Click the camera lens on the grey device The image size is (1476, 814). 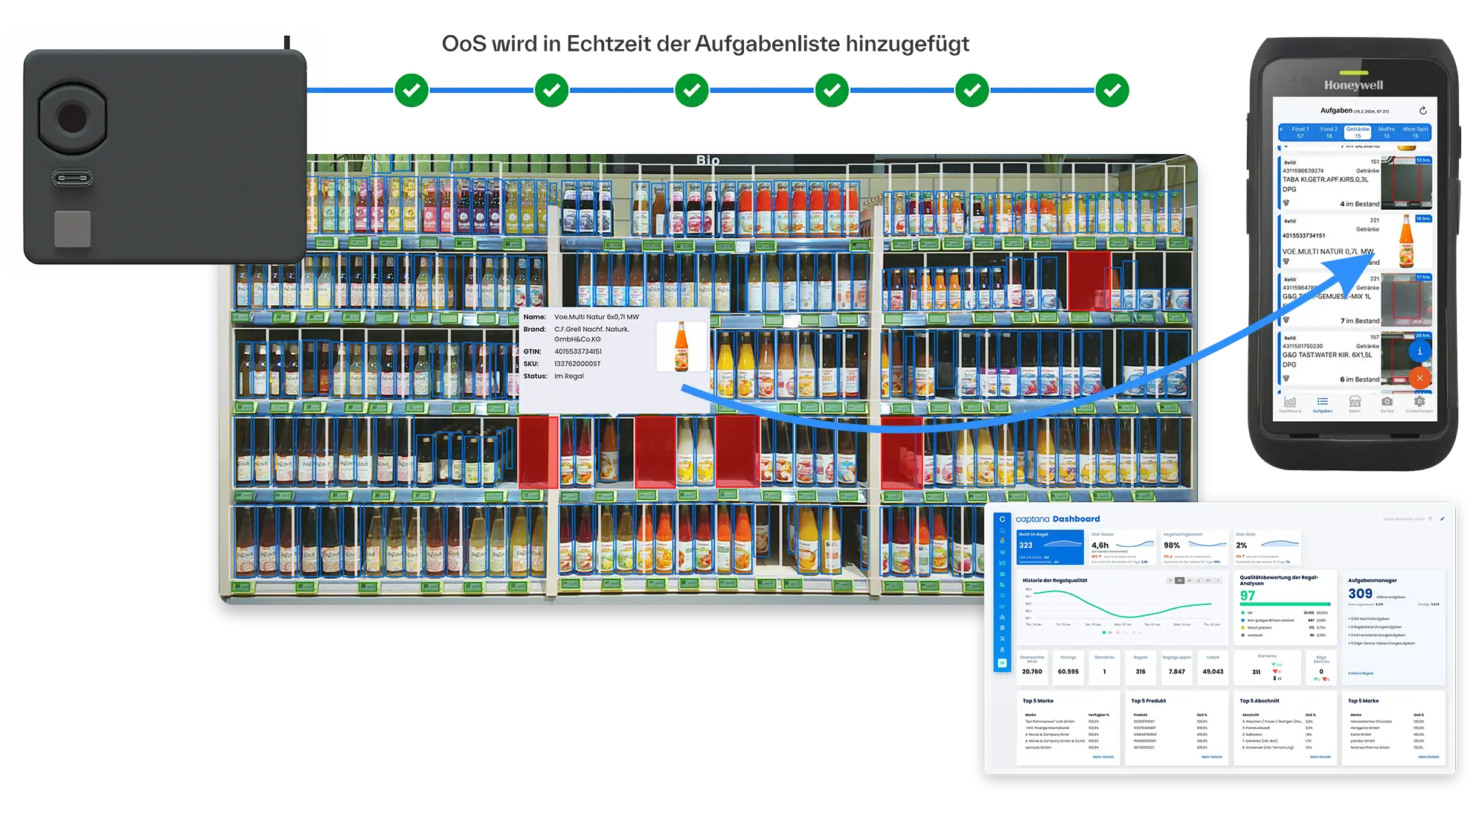point(71,118)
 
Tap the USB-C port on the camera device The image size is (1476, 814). point(72,179)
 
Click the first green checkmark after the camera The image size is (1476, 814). point(411,90)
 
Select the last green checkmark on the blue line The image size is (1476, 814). point(1112,90)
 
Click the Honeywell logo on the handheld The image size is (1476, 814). point(1353,85)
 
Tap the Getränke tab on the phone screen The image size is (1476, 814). point(1358,132)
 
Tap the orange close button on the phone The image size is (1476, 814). point(1419,378)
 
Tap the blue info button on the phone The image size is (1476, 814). point(1419,351)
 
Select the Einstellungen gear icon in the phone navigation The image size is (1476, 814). point(1419,403)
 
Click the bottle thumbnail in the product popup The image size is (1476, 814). point(681,347)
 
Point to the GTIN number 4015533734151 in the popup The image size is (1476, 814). point(578,351)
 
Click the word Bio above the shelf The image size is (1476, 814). point(707,160)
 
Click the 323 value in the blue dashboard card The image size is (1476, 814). point(1026,545)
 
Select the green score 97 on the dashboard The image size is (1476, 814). point(1248,595)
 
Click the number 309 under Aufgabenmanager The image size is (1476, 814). point(1360,594)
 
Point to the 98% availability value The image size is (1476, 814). point(1172,545)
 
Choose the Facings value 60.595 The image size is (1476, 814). point(1068,672)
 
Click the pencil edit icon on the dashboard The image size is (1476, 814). point(1442,519)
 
